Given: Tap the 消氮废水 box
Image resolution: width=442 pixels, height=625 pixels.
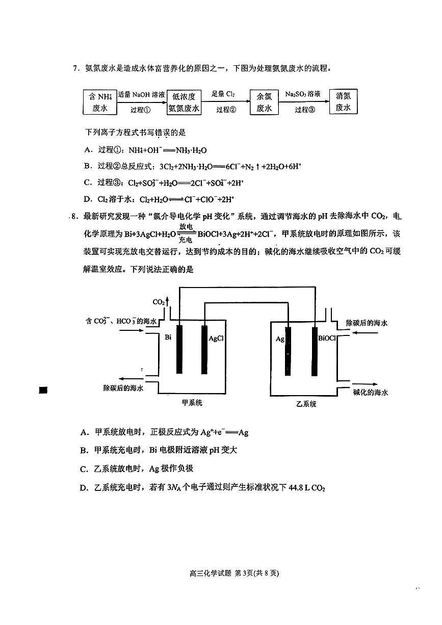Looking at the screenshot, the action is [x=344, y=101].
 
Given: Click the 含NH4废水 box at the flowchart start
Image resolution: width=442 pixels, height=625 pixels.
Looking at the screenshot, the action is [x=100, y=102].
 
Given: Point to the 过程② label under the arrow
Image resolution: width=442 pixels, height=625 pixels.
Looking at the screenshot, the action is [x=226, y=110].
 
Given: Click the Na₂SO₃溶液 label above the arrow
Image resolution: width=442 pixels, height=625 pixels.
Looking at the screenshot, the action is [x=303, y=94].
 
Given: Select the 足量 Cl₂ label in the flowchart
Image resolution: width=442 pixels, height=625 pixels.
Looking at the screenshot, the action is [x=223, y=94].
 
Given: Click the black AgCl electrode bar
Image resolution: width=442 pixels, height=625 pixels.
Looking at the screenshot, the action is [x=204, y=350].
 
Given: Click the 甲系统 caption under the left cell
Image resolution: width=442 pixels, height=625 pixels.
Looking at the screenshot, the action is [x=192, y=403].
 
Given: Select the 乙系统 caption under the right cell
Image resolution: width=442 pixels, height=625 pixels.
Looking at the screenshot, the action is [x=306, y=404].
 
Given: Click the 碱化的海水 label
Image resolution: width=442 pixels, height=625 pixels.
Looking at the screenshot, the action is [x=371, y=393].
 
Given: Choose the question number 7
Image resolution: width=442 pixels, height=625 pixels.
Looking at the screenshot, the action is [x=75, y=68].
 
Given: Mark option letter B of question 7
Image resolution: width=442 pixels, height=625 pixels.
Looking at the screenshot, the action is [x=88, y=166].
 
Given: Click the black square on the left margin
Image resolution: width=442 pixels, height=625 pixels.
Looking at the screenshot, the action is [x=43, y=390].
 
